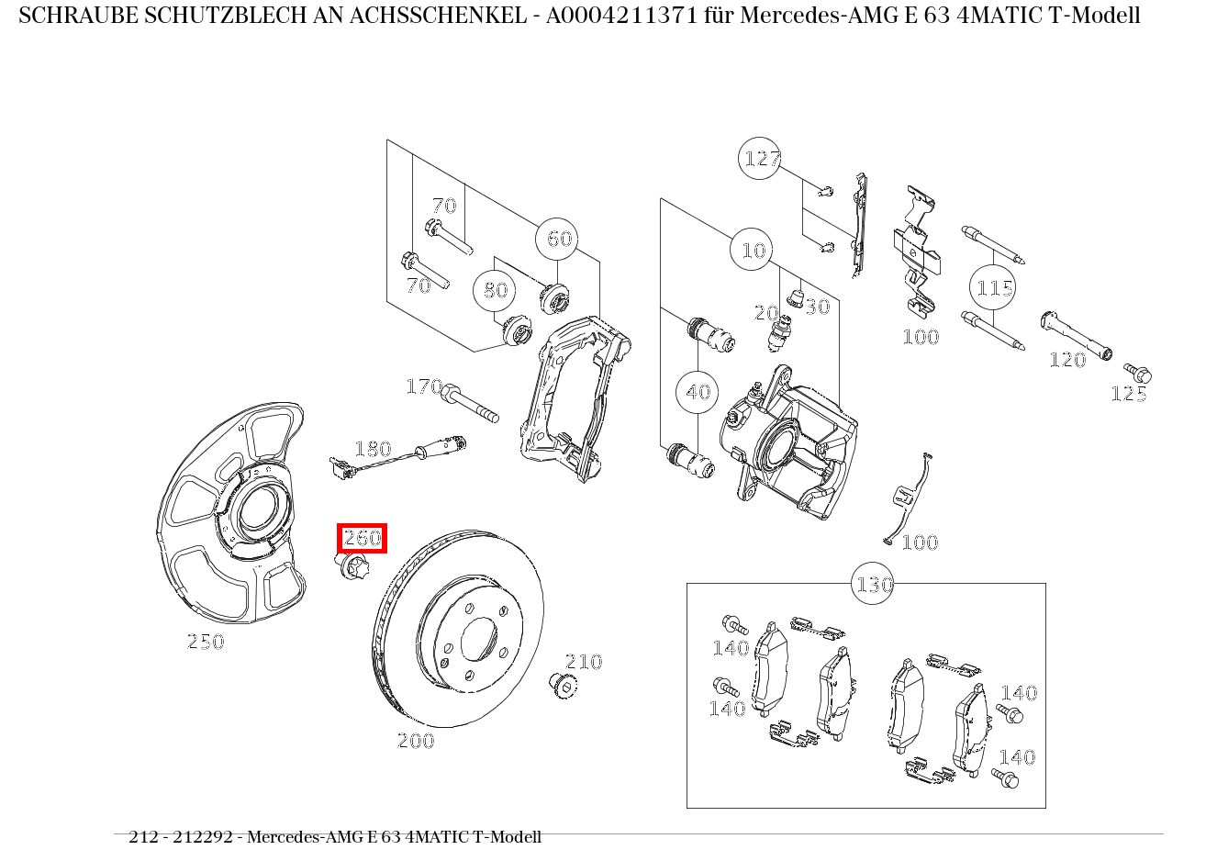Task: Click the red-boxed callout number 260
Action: tap(363, 539)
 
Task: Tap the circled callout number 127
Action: tap(761, 159)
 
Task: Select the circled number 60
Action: tap(559, 239)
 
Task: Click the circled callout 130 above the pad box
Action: tap(874, 584)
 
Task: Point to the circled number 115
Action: tap(993, 288)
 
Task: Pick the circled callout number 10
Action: tap(753, 250)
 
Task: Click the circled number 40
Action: tap(698, 392)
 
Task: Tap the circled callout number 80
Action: tap(495, 290)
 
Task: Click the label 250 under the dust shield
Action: tap(206, 642)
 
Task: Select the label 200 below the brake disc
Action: tap(416, 741)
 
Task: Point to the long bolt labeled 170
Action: tap(471, 405)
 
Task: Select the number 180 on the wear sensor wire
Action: tap(373, 449)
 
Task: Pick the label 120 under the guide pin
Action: tap(1067, 360)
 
